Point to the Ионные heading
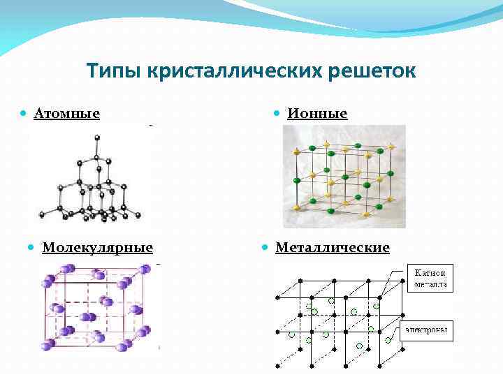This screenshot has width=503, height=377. point(318,113)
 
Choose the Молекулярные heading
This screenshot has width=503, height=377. point(97,247)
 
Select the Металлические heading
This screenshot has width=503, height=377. point(333,247)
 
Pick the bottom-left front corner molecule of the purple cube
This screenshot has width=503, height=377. point(48,346)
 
